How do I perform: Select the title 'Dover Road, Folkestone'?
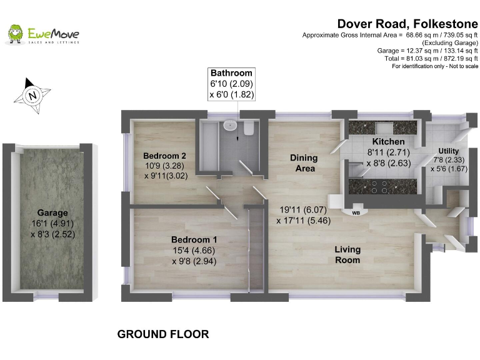coord(407,24)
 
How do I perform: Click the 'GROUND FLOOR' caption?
coord(163,334)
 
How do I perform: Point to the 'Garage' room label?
coord(52,212)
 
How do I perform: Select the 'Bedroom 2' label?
coord(165,156)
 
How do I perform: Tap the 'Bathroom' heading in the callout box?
coord(231,73)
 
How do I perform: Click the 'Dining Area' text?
coord(304,163)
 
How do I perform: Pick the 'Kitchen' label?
coord(388,141)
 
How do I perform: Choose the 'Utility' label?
coord(448,151)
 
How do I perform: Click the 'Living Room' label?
coord(347,255)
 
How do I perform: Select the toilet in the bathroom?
coord(248,127)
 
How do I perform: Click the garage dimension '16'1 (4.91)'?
coord(52,224)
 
